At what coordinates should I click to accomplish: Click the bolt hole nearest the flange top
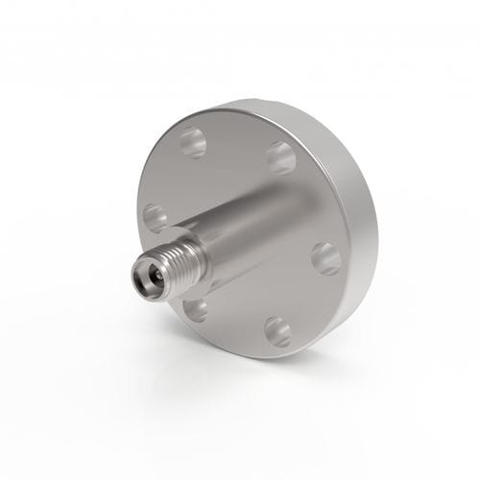(x=193, y=143)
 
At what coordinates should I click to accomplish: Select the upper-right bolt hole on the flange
(x=281, y=156)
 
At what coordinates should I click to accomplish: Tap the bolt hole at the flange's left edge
(x=154, y=216)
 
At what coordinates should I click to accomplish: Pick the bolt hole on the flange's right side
(x=324, y=257)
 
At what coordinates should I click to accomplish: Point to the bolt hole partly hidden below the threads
(x=196, y=308)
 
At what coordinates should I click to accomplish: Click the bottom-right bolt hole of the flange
(x=276, y=332)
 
